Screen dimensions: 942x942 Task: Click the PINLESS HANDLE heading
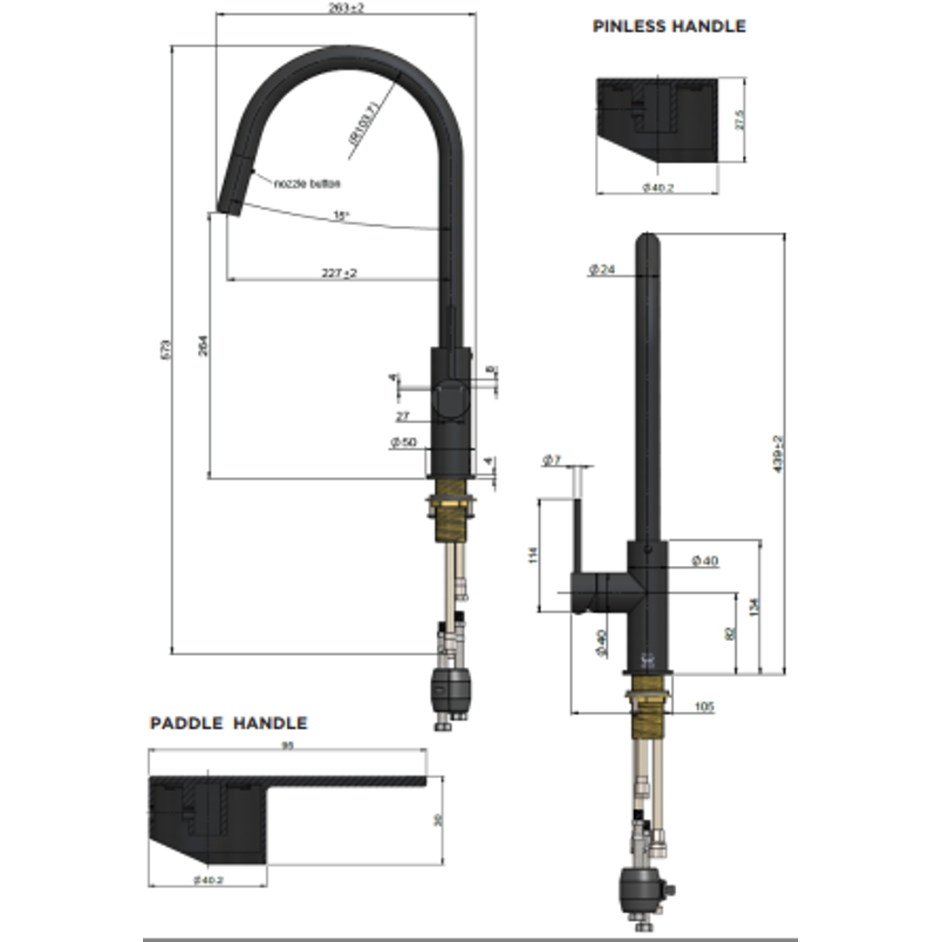point(669,26)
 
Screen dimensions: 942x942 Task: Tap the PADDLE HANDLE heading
point(229,723)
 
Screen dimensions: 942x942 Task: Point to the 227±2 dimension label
point(339,273)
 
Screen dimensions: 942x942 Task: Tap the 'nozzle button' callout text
point(306,183)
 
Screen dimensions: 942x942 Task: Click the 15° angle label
point(340,215)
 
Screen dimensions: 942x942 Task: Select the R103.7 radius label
point(361,124)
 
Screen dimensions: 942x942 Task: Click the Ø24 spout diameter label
point(602,270)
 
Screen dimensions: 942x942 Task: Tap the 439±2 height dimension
point(778,454)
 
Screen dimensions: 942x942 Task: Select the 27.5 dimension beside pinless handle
point(740,119)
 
